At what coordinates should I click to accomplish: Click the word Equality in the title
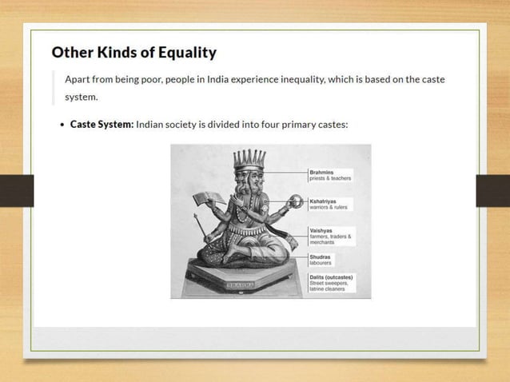click(x=185, y=53)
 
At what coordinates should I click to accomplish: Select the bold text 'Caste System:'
click(x=102, y=125)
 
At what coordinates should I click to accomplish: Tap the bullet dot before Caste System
click(x=62, y=125)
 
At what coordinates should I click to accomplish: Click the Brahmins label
click(x=322, y=172)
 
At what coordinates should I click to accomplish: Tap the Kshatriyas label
click(x=324, y=201)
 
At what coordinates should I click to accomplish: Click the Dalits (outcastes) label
click(x=331, y=277)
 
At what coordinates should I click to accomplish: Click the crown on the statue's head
click(x=249, y=158)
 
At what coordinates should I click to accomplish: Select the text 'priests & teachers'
click(x=330, y=178)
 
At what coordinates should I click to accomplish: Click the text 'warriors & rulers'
click(x=328, y=208)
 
